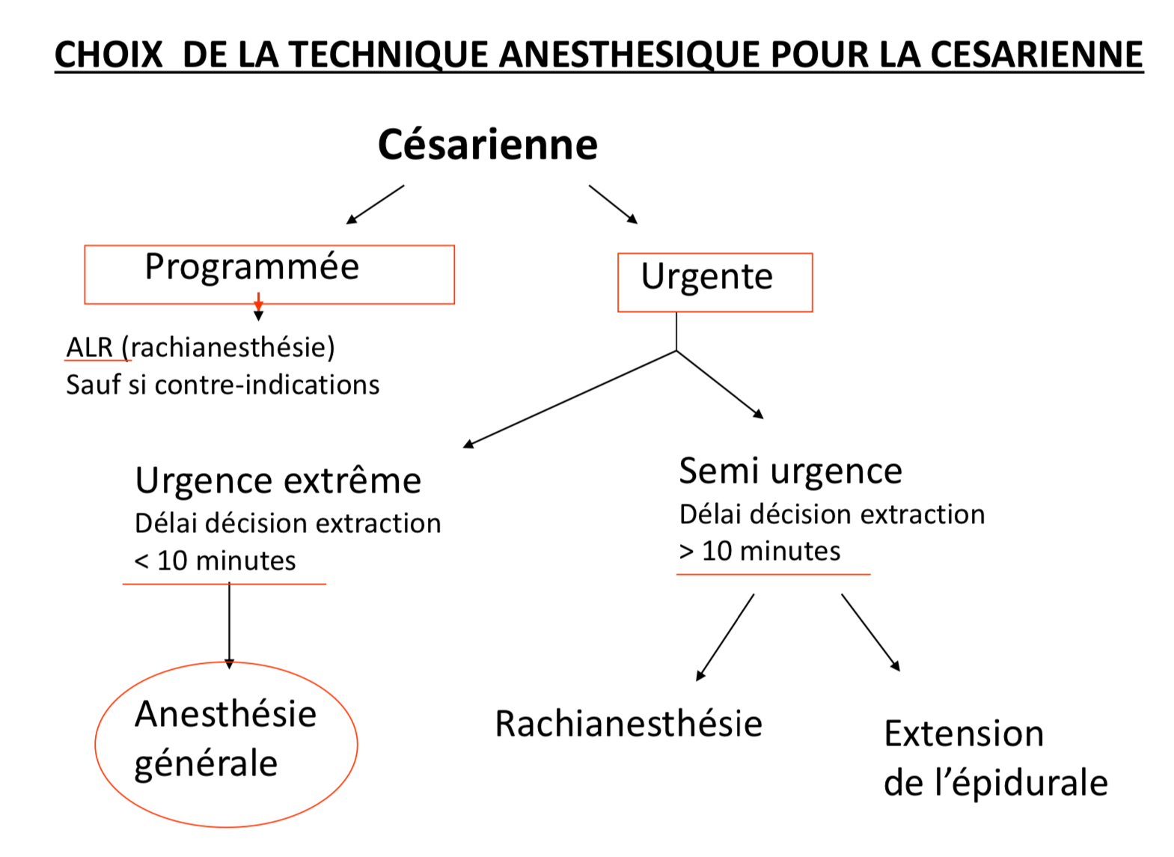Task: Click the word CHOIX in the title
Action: (x=108, y=55)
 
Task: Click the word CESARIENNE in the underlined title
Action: (x=1036, y=55)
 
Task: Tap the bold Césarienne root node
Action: (x=488, y=144)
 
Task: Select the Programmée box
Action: (x=269, y=274)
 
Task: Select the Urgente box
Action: (x=715, y=282)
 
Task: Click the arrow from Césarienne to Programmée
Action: (x=375, y=204)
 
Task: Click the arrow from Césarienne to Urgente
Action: (x=613, y=204)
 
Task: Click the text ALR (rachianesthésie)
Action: (x=201, y=347)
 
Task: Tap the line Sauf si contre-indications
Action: (x=222, y=385)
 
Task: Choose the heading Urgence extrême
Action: (x=278, y=481)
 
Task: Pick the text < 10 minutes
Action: (x=215, y=561)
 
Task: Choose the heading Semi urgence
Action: (x=790, y=471)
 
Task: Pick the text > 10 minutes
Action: (x=759, y=551)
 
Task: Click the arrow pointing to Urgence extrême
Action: (x=569, y=399)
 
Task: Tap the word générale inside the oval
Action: (x=206, y=764)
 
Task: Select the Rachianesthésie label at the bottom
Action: (x=629, y=724)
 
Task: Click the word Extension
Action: (x=964, y=734)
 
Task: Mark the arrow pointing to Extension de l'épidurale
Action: (x=870, y=632)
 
